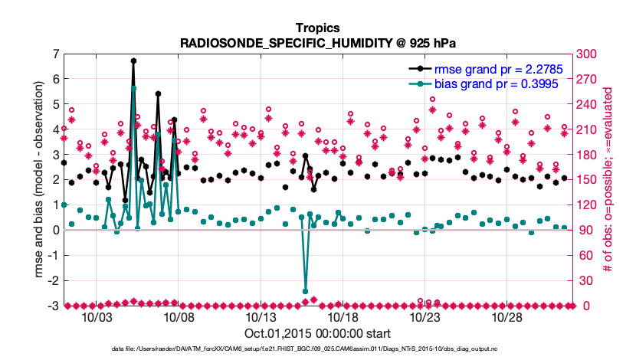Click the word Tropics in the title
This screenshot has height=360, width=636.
[x=317, y=28]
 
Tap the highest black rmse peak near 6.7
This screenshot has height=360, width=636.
[x=133, y=61]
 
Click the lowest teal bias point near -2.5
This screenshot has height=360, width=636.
[x=305, y=292]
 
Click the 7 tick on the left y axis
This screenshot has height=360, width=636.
[x=56, y=54]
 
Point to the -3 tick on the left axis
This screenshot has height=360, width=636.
[x=54, y=306]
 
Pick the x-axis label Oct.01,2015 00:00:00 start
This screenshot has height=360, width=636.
[x=317, y=334]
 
